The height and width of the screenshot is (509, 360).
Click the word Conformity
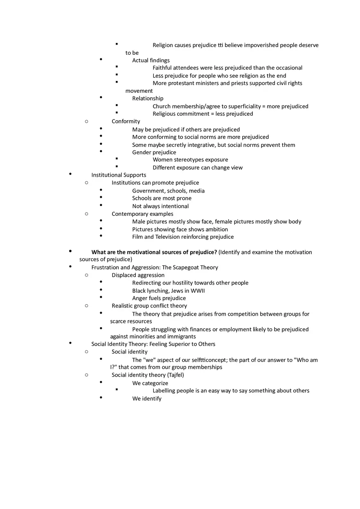click(126, 121)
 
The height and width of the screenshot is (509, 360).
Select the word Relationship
click(148, 99)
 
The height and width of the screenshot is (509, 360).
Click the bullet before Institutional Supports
click(70, 174)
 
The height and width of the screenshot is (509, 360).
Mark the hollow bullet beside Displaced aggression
click(86, 275)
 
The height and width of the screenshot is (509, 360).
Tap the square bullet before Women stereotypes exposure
click(117, 159)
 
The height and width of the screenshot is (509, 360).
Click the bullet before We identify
click(101, 397)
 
